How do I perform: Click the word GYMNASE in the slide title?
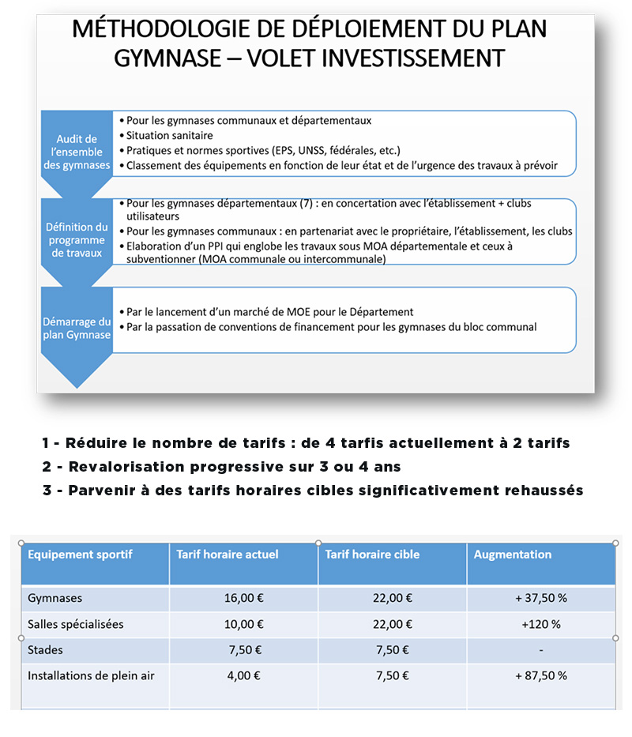point(163,58)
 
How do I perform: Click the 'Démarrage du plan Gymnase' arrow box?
point(77,328)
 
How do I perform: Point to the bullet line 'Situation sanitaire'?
point(171,135)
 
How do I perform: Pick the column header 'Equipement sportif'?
point(80,555)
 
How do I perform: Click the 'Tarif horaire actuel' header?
point(228,555)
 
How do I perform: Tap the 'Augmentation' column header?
point(513,555)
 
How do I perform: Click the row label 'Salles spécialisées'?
point(76,624)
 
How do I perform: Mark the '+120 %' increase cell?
point(541,624)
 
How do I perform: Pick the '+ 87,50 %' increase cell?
point(541,676)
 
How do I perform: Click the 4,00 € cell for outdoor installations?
point(246,676)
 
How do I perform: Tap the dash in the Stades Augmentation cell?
point(540,650)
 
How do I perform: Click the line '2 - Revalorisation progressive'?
point(222,466)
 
